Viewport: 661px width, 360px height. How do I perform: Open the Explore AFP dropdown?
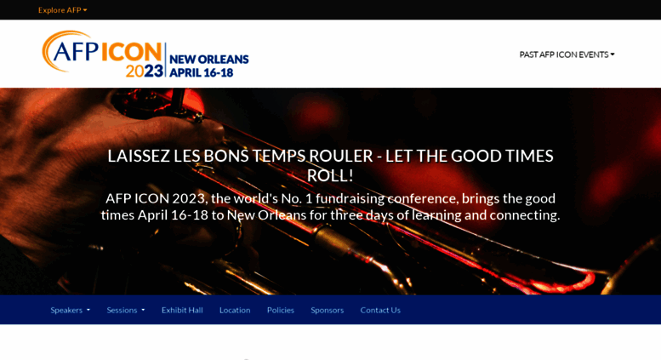(x=62, y=10)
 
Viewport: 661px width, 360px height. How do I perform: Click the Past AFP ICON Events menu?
(x=567, y=54)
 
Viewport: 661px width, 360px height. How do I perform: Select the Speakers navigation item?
(x=70, y=311)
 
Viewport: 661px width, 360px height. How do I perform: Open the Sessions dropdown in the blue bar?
(x=126, y=311)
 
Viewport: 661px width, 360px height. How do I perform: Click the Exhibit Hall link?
(x=182, y=311)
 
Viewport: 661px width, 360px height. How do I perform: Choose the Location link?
(x=235, y=311)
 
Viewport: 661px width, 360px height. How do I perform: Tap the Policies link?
(x=281, y=311)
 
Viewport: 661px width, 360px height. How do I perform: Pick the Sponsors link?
(x=328, y=311)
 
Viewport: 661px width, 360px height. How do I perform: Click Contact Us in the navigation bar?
(x=380, y=311)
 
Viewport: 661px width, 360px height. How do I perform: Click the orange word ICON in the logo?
(x=131, y=53)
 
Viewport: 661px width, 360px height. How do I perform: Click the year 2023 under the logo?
(x=144, y=71)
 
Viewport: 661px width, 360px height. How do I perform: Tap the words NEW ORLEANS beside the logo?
(x=209, y=60)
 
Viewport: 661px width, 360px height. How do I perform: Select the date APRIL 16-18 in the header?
(x=202, y=73)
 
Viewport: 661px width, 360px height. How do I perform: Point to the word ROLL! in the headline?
(x=330, y=176)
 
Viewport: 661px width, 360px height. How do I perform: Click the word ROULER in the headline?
(x=341, y=156)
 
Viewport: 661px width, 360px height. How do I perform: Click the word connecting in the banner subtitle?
(x=524, y=215)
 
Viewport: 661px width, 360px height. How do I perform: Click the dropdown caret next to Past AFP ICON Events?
(x=613, y=54)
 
